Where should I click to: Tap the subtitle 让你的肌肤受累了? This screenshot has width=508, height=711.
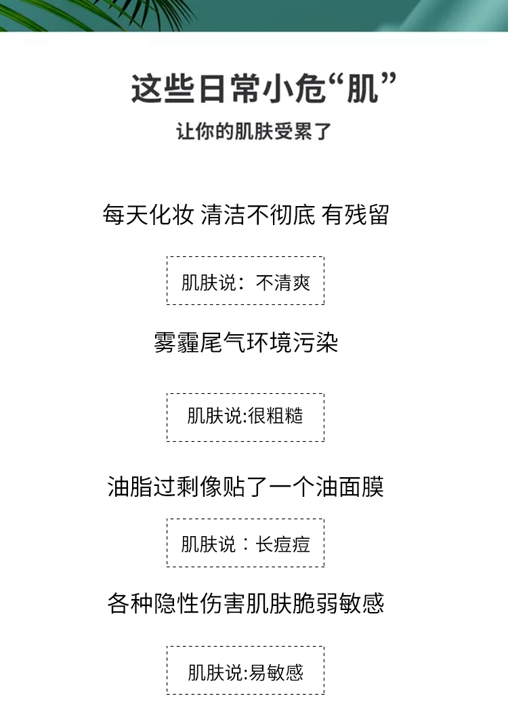click(253, 131)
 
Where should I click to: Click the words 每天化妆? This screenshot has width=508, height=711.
click(148, 215)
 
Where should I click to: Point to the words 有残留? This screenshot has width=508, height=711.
click(357, 215)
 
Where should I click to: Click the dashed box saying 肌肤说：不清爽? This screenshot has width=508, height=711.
click(245, 281)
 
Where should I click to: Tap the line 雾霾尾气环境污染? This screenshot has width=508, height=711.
click(246, 342)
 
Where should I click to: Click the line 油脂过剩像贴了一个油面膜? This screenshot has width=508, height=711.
click(245, 486)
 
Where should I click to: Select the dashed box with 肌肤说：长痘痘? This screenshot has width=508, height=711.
click(245, 543)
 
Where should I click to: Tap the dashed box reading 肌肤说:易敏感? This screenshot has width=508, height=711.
click(245, 670)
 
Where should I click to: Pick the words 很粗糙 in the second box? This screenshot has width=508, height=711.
click(276, 416)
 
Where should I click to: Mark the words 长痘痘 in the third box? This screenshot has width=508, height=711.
click(283, 544)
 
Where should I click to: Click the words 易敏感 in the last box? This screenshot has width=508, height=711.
click(276, 672)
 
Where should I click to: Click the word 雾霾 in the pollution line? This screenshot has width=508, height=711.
click(177, 342)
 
